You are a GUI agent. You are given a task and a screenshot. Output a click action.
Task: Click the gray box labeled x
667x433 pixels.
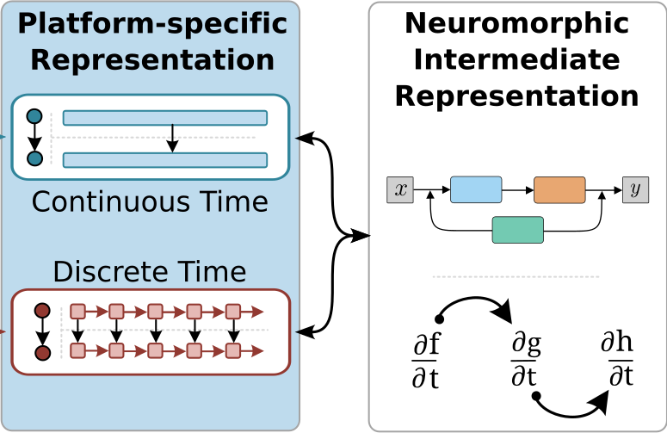(400, 189)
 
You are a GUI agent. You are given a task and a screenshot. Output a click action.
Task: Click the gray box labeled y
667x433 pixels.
(635, 189)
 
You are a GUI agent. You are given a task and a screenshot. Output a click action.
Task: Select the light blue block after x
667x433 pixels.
(476, 189)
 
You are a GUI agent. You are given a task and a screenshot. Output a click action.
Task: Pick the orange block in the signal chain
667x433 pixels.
(559, 189)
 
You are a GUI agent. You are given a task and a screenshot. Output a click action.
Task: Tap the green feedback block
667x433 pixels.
(518, 230)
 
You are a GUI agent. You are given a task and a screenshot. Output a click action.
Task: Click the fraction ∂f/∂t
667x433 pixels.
(426, 361)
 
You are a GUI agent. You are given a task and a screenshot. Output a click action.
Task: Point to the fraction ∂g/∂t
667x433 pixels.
(526, 360)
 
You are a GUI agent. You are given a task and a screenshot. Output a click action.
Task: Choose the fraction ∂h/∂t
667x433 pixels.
(617, 360)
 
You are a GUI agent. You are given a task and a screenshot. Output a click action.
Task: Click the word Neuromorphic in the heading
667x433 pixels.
(517, 23)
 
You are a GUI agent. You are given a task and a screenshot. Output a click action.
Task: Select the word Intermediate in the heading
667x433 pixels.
(517, 59)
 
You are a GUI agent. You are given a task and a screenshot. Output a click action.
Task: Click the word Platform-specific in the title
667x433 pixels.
(152, 24)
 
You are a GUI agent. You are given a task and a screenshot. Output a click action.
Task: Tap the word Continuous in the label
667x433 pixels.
(111, 201)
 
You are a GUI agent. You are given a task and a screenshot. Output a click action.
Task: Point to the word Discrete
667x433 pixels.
(112, 271)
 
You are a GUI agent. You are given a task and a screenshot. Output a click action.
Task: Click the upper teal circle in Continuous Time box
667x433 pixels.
(34, 116)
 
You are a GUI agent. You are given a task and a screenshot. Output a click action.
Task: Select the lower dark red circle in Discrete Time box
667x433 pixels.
(42, 353)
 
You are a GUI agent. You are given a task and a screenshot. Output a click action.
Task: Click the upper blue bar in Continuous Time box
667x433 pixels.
(165, 118)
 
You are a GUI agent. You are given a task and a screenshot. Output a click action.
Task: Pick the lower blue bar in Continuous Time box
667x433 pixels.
(165, 160)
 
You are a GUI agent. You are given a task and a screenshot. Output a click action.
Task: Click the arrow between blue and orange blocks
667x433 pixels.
(518, 190)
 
